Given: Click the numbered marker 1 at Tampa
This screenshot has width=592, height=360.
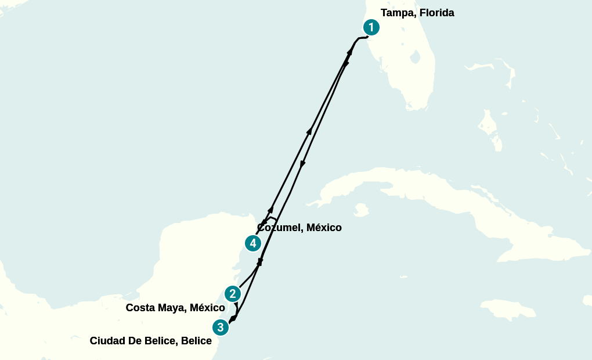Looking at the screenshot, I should tap(371, 27).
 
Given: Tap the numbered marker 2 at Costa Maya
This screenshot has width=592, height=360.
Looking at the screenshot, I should tap(233, 294).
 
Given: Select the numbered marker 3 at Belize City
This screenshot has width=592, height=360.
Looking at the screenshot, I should tap(220, 327).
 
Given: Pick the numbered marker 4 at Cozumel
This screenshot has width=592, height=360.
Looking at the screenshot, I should tap(252, 243).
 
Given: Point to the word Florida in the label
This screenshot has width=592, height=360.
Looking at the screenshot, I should tap(435, 13).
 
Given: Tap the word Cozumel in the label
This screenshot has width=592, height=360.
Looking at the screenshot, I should tap(279, 228).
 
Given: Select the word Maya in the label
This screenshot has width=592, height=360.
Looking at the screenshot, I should tap(171, 308).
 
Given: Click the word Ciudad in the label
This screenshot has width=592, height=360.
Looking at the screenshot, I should tap(107, 341).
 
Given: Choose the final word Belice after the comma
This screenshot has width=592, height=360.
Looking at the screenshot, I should tap(196, 341).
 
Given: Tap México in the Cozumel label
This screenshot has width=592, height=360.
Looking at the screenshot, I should tap(324, 228).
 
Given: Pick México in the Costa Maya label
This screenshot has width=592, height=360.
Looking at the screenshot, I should tap(207, 308).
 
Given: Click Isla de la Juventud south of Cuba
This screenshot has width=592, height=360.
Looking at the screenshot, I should tap(363, 210).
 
